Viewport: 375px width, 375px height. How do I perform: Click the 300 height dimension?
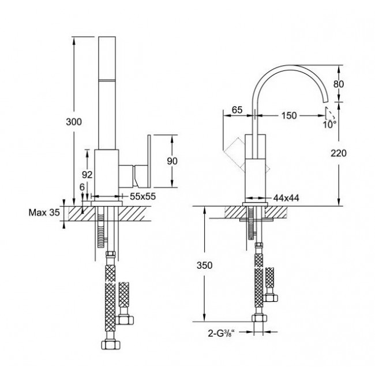click(74, 122)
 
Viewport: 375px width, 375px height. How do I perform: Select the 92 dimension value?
click(87, 175)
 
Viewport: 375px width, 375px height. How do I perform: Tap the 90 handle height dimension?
click(172, 161)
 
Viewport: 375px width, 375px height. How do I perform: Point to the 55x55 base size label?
click(142, 196)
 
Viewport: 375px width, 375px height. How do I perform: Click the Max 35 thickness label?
click(44, 212)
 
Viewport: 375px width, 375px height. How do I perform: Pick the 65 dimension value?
click(237, 110)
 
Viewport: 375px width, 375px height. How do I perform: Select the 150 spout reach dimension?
click(289, 115)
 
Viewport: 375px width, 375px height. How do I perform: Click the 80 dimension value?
click(339, 84)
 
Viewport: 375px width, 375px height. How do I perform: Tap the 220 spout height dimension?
click(339, 153)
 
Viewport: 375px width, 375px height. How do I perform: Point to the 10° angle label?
click(330, 125)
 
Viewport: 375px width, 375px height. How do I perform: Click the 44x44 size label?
click(286, 198)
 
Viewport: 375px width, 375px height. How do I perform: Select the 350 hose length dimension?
click(204, 265)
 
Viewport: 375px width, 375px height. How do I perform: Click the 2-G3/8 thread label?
click(221, 333)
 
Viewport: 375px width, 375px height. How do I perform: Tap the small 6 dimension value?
click(82, 187)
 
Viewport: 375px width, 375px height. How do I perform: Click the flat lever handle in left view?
click(149, 161)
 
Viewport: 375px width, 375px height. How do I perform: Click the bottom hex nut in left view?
click(111, 345)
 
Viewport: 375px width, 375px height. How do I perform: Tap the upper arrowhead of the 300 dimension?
click(74, 41)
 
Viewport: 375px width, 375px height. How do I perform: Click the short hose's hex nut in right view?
click(270, 298)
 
